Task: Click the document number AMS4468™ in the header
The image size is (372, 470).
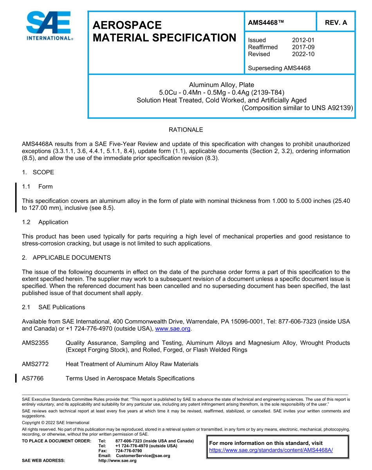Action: [x=265, y=23]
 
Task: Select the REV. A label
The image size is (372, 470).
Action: [x=336, y=23]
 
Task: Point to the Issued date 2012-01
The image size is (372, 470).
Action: [x=303, y=40]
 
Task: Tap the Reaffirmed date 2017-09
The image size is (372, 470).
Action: [x=303, y=47]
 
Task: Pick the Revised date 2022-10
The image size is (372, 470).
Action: [x=303, y=54]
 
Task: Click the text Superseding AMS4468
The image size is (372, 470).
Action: [x=279, y=68]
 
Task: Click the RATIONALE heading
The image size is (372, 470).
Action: [x=186, y=130]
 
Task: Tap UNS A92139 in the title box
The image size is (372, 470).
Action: [x=332, y=108]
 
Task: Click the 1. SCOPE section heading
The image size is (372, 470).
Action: [x=38, y=172]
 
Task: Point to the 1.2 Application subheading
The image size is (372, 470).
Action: [x=45, y=222]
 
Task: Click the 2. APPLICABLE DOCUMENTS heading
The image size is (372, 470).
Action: [x=66, y=258]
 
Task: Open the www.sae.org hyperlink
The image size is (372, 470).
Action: [x=173, y=329]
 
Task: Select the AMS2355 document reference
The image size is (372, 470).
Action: [x=35, y=343]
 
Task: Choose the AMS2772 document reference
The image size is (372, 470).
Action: [x=35, y=364]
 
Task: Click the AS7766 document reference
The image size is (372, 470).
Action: [x=33, y=378]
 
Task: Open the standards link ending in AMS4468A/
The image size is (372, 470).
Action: [x=271, y=450]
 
